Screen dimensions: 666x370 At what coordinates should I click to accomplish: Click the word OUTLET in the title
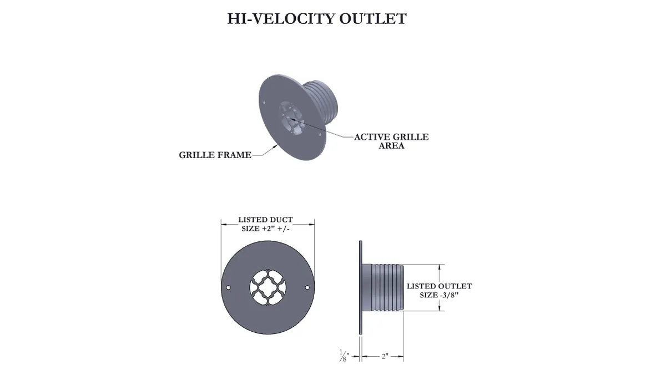(373, 19)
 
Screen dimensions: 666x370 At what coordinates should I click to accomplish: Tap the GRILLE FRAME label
(215, 155)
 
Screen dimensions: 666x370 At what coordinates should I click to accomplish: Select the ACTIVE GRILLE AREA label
(391, 141)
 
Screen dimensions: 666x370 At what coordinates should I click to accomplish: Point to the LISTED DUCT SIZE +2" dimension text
(265, 224)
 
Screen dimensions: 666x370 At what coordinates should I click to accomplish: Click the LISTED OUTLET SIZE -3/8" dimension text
(439, 290)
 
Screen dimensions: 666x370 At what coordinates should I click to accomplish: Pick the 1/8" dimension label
(344, 356)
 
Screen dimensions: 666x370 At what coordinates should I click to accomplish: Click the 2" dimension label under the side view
(385, 356)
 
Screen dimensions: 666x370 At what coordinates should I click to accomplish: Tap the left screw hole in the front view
(228, 287)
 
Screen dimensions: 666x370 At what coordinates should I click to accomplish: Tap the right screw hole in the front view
(307, 287)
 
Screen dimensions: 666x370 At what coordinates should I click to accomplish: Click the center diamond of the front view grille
(268, 287)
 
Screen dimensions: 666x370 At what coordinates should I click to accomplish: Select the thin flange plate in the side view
(361, 287)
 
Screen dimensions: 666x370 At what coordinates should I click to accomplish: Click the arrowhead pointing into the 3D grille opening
(292, 119)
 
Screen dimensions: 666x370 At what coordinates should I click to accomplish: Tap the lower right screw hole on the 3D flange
(320, 135)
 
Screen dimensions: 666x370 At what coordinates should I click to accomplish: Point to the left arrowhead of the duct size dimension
(224, 225)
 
